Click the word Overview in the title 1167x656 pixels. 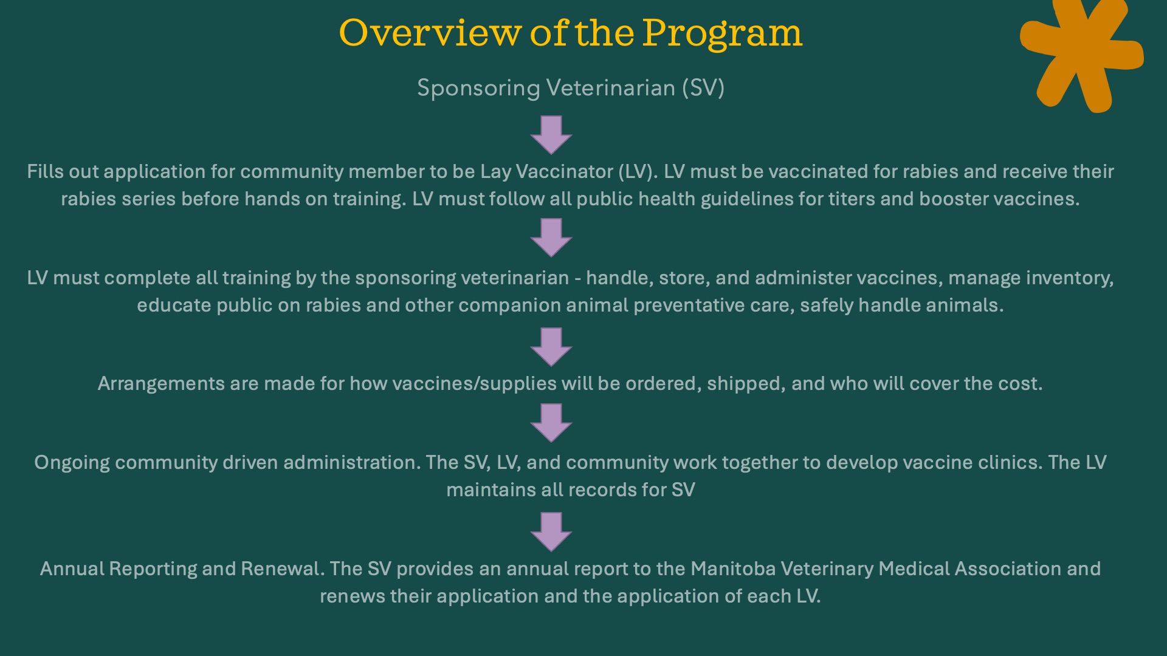tap(430, 33)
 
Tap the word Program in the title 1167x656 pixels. tap(722, 35)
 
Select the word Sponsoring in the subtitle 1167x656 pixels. tap(478, 89)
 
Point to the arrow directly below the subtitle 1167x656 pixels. tap(551, 135)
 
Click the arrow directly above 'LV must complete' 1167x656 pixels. tap(551, 238)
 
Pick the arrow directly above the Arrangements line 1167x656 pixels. tap(551, 347)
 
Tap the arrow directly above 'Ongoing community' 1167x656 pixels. tap(551, 423)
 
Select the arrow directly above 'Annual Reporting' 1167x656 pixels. tap(551, 532)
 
